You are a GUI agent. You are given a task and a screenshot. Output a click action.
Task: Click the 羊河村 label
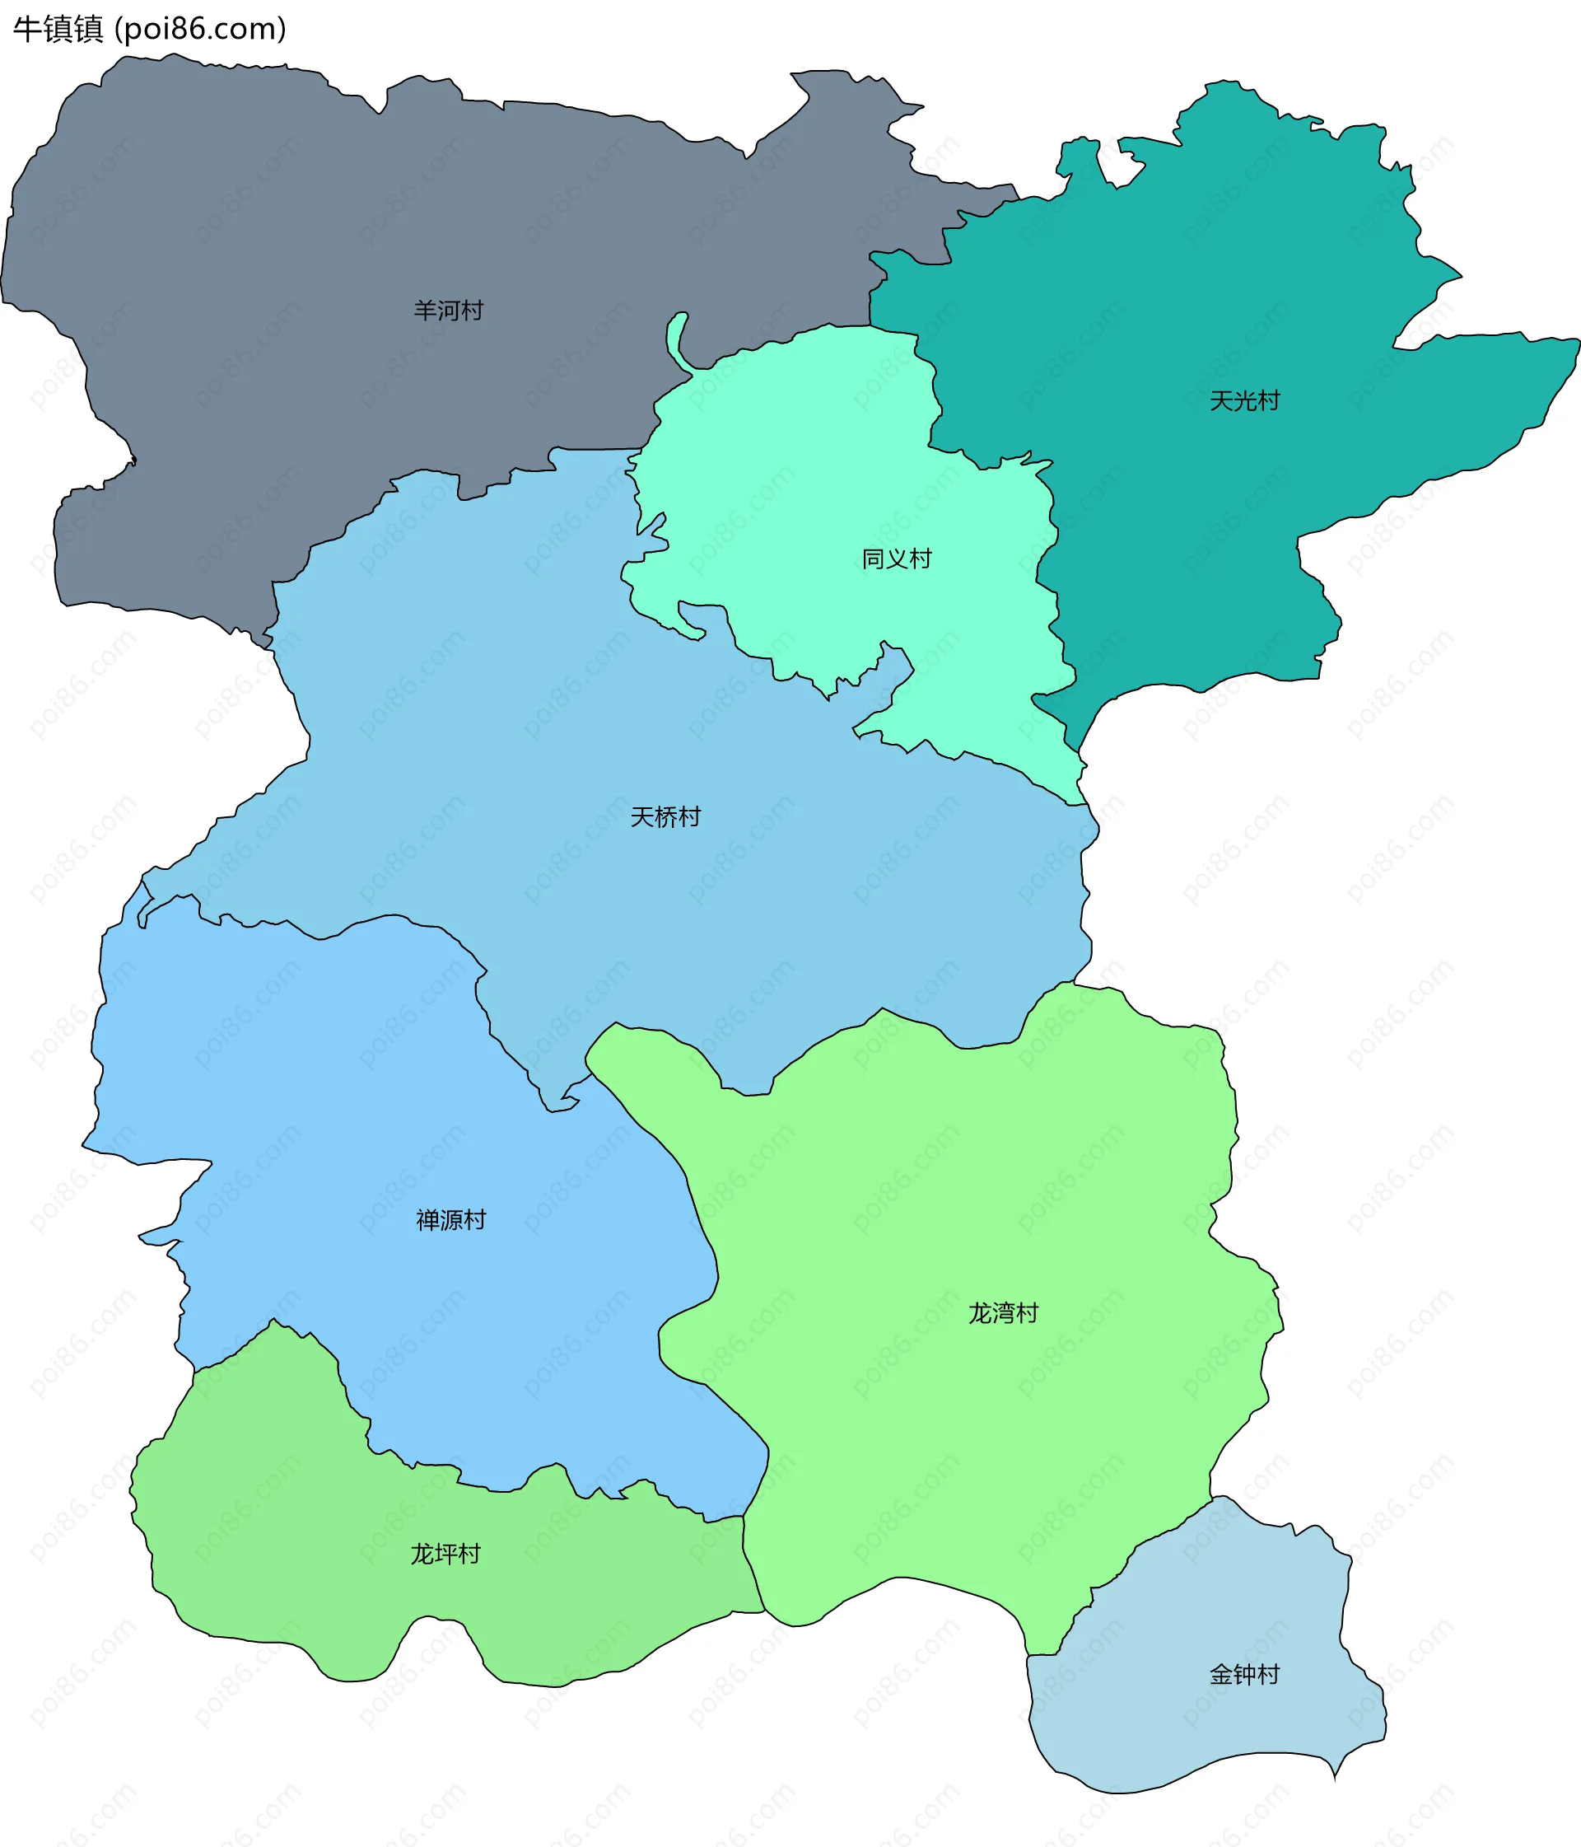[448, 311]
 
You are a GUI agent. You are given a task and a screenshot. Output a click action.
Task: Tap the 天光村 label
[1244, 401]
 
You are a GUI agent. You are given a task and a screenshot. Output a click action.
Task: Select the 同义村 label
[897, 559]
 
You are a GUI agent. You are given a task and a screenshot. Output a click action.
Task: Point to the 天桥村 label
[665, 816]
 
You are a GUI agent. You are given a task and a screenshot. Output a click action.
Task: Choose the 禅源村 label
[451, 1219]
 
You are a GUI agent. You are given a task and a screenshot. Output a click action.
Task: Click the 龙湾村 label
[1004, 1313]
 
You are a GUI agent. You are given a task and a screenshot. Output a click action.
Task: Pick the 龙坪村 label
[445, 1554]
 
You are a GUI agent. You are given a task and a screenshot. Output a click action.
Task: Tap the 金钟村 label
[1244, 1675]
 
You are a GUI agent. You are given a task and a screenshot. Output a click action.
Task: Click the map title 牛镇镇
[58, 30]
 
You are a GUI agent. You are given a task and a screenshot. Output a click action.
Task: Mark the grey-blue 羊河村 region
[268, 223]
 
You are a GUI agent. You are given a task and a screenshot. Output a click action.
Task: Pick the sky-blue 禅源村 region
[357, 1115]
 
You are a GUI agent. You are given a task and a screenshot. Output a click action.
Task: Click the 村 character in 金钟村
[1268, 1675]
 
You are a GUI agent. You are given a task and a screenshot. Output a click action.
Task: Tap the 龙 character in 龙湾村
[981, 1313]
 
